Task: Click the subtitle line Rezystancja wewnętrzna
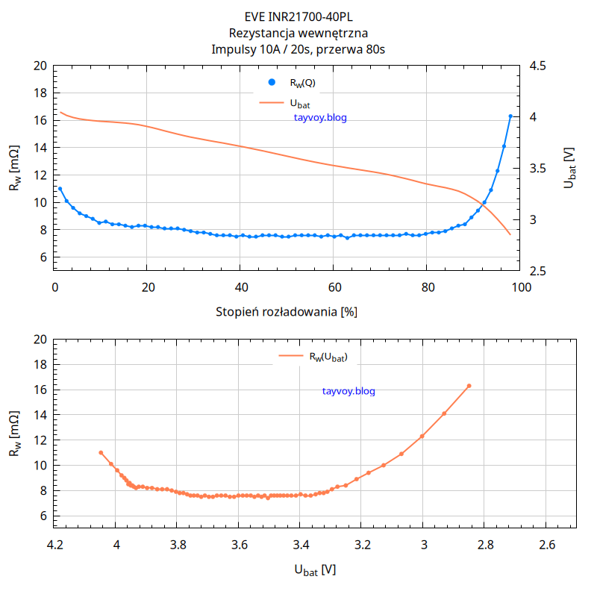click(298, 34)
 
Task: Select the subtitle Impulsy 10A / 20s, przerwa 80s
click(298, 50)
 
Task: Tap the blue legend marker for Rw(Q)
click(272, 82)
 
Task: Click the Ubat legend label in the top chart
click(300, 103)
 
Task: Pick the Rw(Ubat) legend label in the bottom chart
click(328, 357)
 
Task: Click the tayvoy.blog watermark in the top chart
click(321, 117)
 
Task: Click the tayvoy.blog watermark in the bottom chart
click(348, 391)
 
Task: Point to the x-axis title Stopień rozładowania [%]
click(287, 312)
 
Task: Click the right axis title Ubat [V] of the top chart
click(570, 168)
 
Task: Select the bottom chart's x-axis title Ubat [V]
click(315, 571)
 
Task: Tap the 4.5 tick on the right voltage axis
click(537, 66)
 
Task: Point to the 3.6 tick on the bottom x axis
click(239, 546)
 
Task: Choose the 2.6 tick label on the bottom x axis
click(546, 546)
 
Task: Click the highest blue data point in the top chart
click(510, 116)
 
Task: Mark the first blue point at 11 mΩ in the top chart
click(60, 189)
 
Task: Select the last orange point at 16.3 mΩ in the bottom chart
click(469, 386)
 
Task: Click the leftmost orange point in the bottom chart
click(101, 452)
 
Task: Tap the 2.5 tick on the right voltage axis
click(537, 271)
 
